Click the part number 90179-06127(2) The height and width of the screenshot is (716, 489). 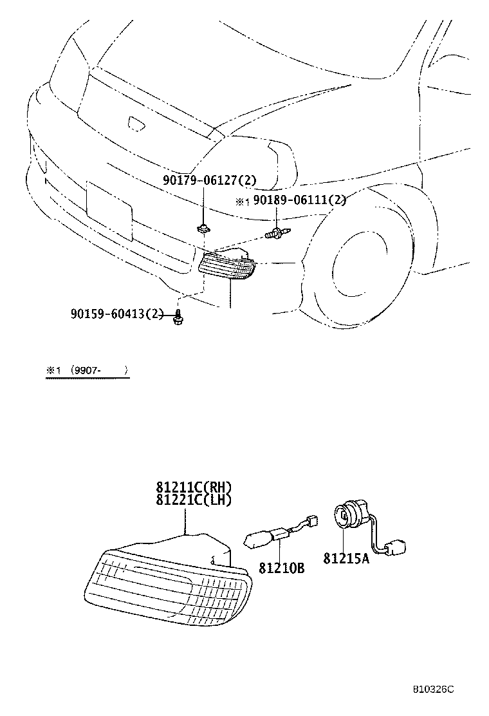[204, 182]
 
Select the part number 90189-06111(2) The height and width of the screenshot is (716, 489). [299, 200]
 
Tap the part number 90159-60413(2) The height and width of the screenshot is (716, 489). [117, 314]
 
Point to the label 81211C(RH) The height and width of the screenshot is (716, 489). [192, 487]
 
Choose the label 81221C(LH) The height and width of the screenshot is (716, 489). [192, 499]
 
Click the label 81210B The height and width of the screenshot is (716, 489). [281, 569]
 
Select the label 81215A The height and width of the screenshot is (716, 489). [346, 559]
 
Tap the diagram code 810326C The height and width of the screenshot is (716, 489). [433, 688]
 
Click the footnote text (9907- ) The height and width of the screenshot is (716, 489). [100, 371]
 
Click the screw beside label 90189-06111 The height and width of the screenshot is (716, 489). [277, 235]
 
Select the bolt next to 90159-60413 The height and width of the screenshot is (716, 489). [178, 316]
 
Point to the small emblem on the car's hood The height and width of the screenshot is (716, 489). [136, 124]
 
